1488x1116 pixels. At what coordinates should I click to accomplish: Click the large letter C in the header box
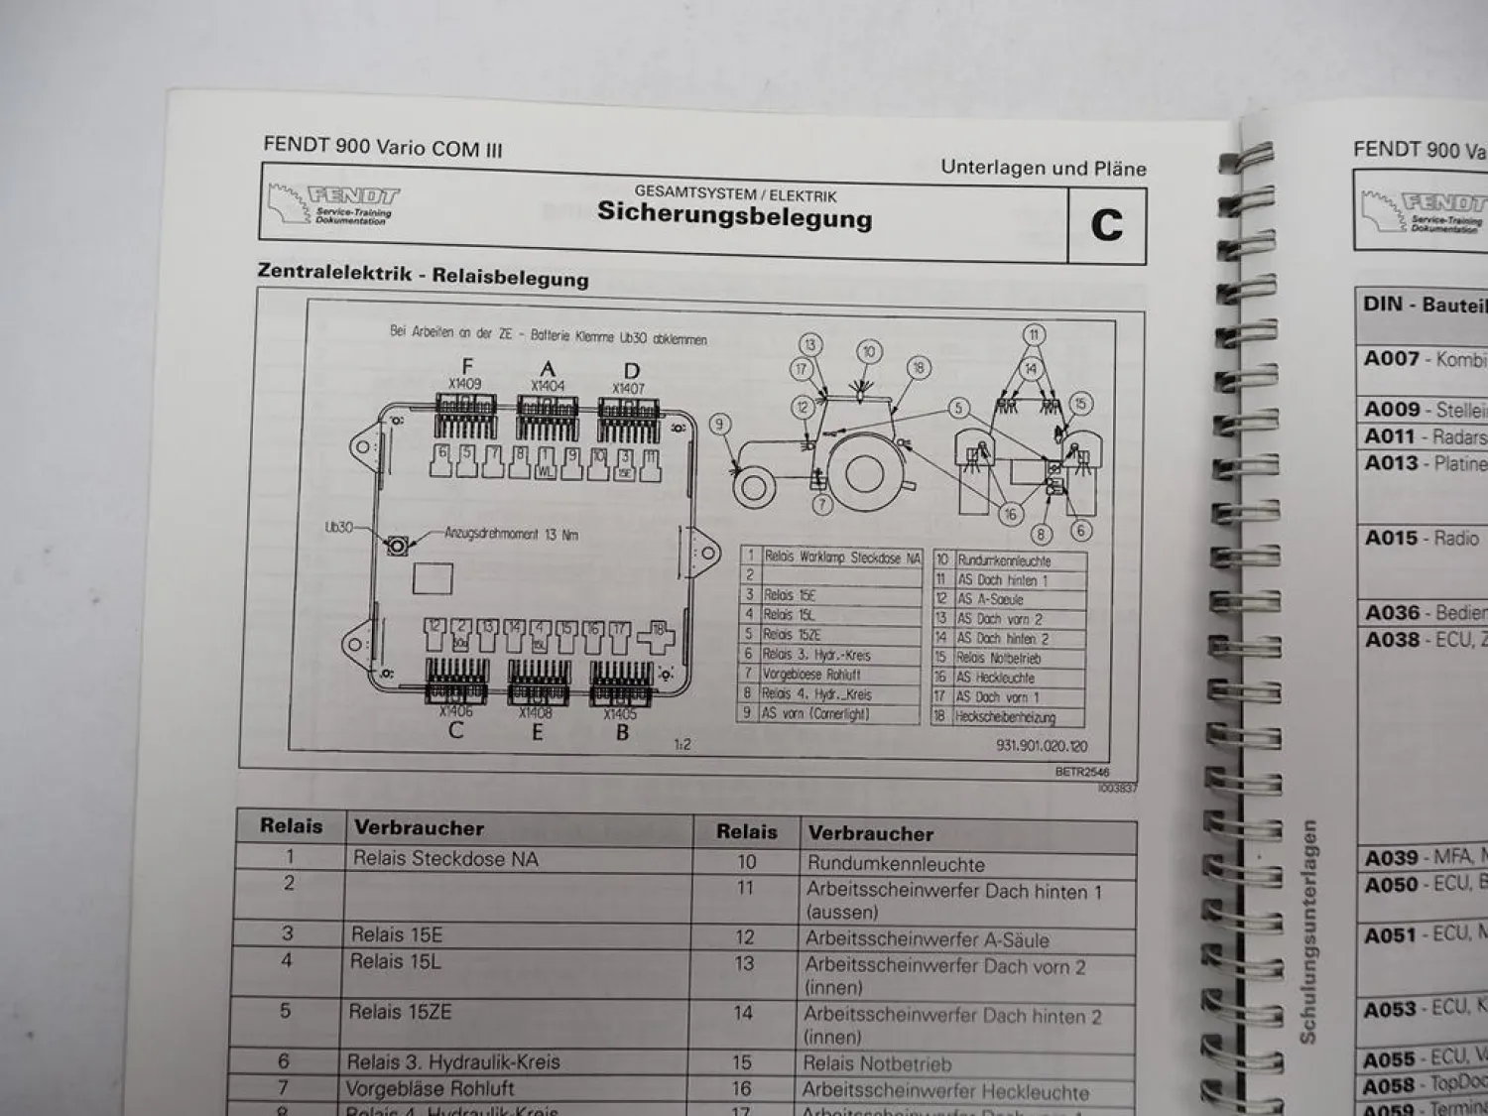click(x=1106, y=225)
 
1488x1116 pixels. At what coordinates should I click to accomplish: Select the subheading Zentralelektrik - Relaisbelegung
click(x=423, y=275)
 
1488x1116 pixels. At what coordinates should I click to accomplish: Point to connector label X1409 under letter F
click(x=464, y=384)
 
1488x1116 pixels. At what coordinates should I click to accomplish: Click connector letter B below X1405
click(x=622, y=733)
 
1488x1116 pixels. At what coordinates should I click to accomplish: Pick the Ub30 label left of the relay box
click(x=338, y=527)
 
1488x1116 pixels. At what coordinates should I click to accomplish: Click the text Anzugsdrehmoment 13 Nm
click(x=511, y=534)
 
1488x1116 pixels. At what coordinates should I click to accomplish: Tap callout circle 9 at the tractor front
click(x=719, y=425)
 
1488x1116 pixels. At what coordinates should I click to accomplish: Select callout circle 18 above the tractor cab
click(x=918, y=368)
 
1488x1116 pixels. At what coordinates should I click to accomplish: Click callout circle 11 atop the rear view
click(x=1033, y=334)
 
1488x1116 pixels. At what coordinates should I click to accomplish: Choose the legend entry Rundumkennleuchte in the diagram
click(x=1004, y=560)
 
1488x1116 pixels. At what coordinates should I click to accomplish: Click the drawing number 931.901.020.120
click(x=1041, y=745)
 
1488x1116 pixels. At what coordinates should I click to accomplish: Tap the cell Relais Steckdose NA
click(x=445, y=859)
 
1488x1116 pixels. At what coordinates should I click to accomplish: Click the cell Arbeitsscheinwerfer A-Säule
click(x=927, y=938)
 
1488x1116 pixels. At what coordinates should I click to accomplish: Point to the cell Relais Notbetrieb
click(x=877, y=1064)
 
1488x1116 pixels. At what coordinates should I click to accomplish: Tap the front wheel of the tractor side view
click(x=752, y=486)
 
